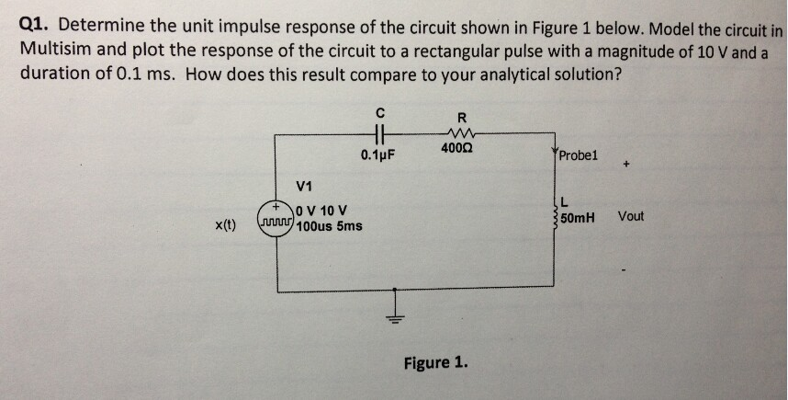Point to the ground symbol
[x=396, y=309]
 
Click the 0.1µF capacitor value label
[x=377, y=154]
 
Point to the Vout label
[x=631, y=216]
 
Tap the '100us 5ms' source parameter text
[x=328, y=225]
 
